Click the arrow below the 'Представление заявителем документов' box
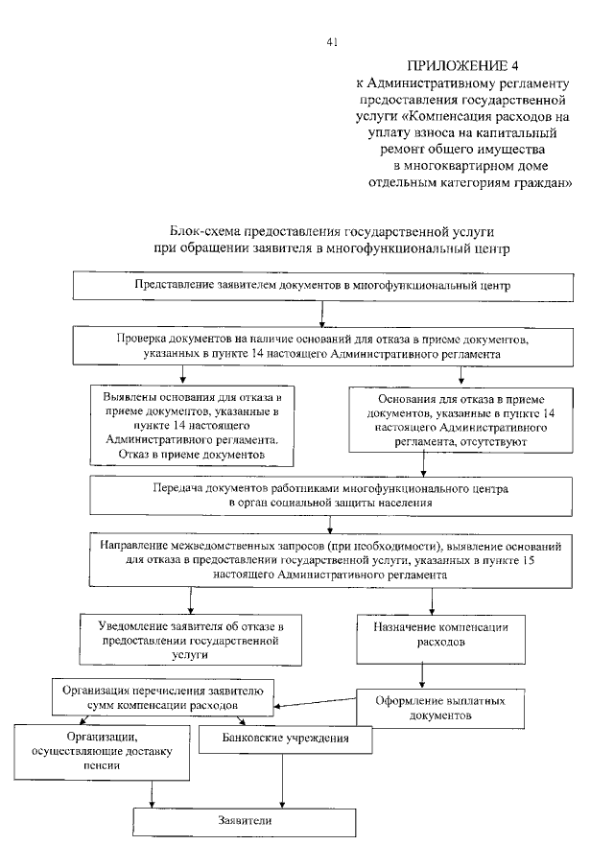tap(322, 313)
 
